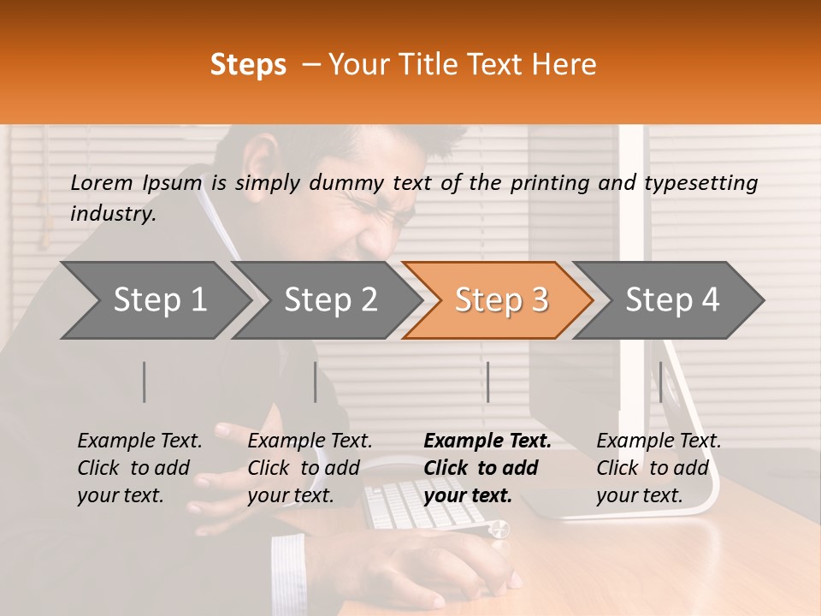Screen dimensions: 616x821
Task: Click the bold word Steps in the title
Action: click(x=248, y=65)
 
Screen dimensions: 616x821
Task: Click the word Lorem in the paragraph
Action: click(x=101, y=183)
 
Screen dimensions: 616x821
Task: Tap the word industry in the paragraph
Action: click(x=113, y=214)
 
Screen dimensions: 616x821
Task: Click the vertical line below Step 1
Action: click(x=145, y=382)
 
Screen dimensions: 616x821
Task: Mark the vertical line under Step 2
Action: click(x=316, y=382)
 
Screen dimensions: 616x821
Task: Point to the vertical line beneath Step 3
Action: click(x=487, y=382)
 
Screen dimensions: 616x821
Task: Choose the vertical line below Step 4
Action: click(x=660, y=382)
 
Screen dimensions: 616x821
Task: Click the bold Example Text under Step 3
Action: click(x=487, y=441)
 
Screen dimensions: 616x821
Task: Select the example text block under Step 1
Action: click(x=139, y=468)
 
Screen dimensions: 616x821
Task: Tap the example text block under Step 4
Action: click(x=659, y=468)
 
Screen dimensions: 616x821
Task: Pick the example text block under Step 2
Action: click(x=310, y=468)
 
